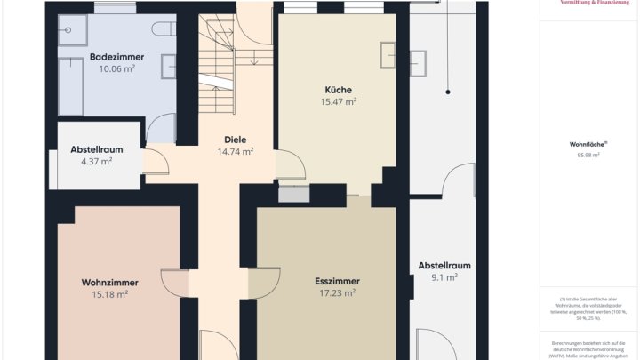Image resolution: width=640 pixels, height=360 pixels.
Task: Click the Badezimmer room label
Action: pyautogui.click(x=116, y=57)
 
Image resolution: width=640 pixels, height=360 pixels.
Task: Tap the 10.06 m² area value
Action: pyautogui.click(x=116, y=68)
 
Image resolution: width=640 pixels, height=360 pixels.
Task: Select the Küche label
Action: pyautogui.click(x=338, y=90)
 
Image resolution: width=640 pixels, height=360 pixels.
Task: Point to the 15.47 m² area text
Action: pyautogui.click(x=338, y=102)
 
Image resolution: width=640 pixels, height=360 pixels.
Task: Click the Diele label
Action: pyautogui.click(x=235, y=140)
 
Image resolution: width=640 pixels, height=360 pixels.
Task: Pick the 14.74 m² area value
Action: pyautogui.click(x=235, y=152)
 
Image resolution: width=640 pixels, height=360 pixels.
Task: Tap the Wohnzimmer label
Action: pyautogui.click(x=109, y=283)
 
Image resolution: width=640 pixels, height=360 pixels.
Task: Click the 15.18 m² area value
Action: pyautogui.click(x=109, y=294)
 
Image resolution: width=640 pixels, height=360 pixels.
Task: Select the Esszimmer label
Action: pyautogui.click(x=337, y=281)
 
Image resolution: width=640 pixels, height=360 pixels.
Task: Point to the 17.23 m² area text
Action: pyautogui.click(x=337, y=292)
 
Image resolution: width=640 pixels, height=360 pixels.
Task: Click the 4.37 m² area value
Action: pyautogui.click(x=96, y=162)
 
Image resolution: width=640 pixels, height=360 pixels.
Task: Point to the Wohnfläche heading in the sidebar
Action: pyautogui.click(x=588, y=143)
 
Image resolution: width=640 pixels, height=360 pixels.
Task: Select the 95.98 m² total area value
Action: pyautogui.click(x=588, y=155)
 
